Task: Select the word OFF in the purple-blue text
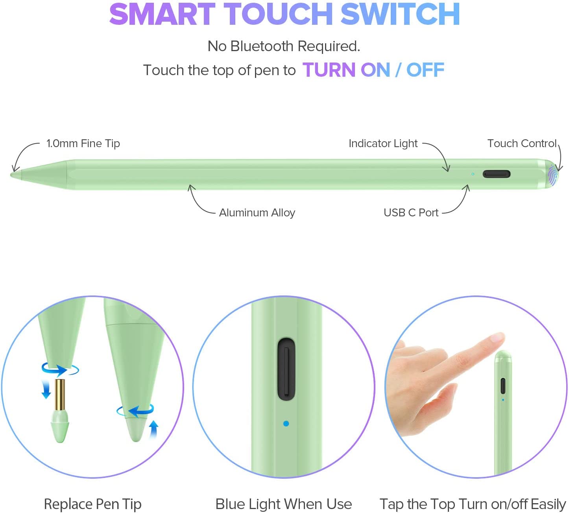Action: click(425, 70)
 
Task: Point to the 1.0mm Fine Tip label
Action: click(83, 144)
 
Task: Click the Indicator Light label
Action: click(383, 144)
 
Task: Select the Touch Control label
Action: click(522, 144)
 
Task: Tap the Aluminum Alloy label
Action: click(257, 213)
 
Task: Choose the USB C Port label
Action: click(411, 213)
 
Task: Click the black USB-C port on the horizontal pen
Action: click(496, 174)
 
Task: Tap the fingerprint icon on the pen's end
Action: click(553, 175)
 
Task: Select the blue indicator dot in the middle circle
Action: click(286, 423)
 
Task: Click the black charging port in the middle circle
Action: click(286, 369)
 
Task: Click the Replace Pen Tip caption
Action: click(92, 504)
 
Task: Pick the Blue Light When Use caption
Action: click(283, 504)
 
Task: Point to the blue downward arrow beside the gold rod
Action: click(46, 389)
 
